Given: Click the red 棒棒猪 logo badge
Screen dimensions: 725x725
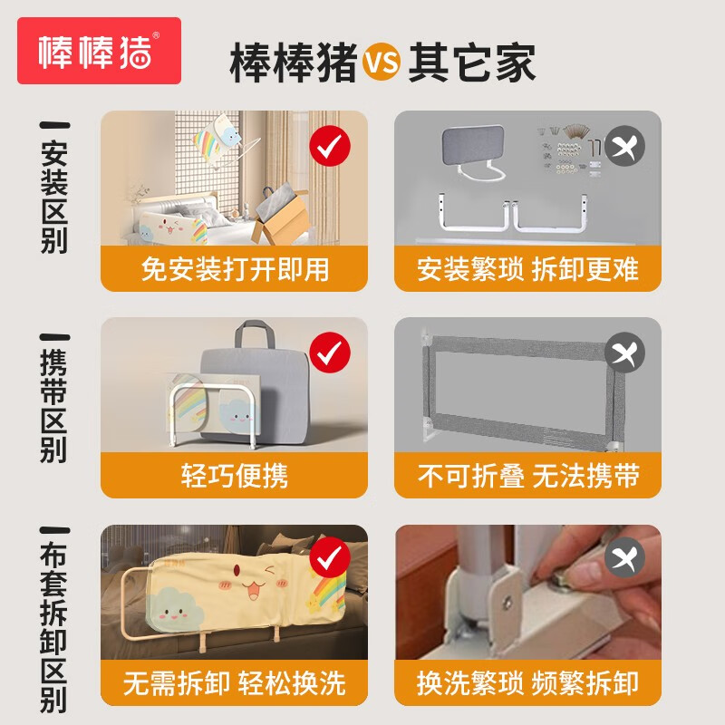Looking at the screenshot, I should coord(100,51).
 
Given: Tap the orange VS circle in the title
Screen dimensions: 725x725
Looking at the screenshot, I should coord(382,63).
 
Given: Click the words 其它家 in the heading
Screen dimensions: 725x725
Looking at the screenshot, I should coord(471,63).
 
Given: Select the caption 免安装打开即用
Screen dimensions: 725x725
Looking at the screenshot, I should coord(234,269).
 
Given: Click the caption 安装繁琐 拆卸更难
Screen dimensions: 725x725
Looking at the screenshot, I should coord(527,269).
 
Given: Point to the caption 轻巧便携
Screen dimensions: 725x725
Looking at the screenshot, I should coord(234,476).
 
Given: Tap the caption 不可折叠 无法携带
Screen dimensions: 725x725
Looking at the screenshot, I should coord(527,476).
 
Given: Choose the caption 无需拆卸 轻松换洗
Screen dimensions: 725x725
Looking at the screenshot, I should coord(234,682).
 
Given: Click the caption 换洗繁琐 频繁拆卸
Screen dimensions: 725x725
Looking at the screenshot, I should coord(527,682).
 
